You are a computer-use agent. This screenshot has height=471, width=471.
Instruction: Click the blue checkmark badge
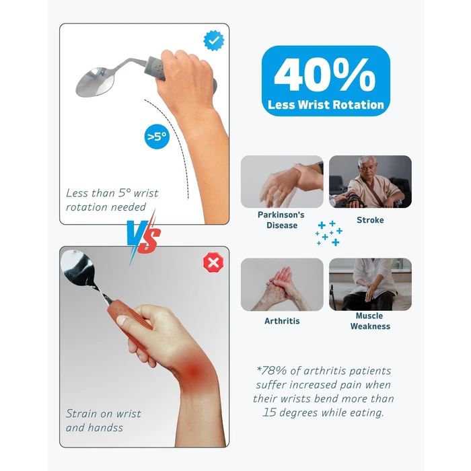click(213, 40)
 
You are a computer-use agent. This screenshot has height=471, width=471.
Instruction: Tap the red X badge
click(213, 262)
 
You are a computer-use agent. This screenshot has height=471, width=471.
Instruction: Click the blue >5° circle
click(157, 137)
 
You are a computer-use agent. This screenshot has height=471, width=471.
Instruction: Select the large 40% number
click(325, 75)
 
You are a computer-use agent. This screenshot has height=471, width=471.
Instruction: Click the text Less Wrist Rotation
click(326, 105)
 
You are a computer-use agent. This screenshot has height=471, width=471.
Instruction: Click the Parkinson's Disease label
click(281, 220)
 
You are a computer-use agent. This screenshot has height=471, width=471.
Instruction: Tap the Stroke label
click(370, 220)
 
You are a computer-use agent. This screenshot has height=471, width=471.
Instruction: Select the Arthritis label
click(282, 321)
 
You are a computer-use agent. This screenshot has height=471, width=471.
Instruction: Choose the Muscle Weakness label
click(370, 321)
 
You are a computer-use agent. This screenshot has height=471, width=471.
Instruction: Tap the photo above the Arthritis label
click(282, 284)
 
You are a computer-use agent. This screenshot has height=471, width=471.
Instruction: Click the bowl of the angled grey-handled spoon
click(96, 81)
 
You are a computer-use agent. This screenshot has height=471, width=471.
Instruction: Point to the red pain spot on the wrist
click(194, 373)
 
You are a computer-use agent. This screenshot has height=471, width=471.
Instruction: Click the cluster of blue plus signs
click(329, 233)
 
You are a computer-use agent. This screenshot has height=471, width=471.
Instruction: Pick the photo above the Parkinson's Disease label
click(282, 182)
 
